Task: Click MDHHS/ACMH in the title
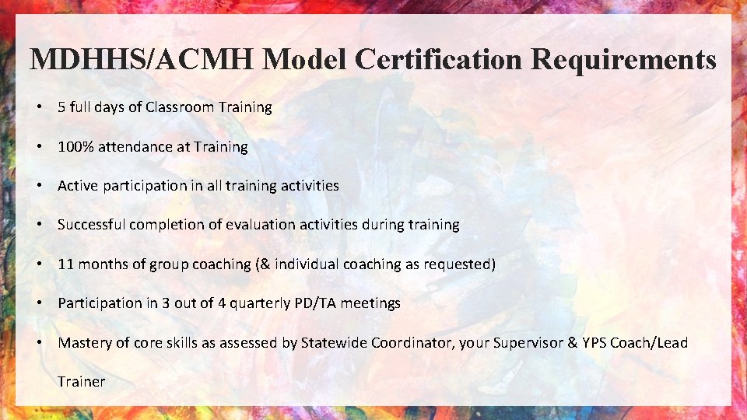[142, 60]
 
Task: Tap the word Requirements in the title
[624, 60]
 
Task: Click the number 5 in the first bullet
[61, 107]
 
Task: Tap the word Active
[78, 186]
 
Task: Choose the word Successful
[92, 225]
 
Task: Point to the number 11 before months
[66, 264]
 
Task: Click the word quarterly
[262, 303]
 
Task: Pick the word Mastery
[84, 343]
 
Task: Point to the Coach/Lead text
[649, 343]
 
